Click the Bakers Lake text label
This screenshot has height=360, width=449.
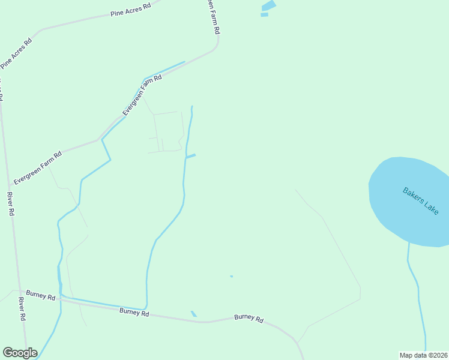click(x=421, y=201)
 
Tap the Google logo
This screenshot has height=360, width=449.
click(x=20, y=353)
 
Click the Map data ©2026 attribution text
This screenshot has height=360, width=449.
click(x=424, y=355)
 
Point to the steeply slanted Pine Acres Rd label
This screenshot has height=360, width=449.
click(x=16, y=53)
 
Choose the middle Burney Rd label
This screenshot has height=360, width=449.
click(x=134, y=311)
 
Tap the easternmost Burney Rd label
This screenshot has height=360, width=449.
click(x=249, y=319)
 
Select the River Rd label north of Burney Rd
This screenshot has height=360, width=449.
click(x=10, y=204)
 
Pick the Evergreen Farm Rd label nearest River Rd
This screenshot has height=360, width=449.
click(x=38, y=167)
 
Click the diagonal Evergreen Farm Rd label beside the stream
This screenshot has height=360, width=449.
click(x=142, y=95)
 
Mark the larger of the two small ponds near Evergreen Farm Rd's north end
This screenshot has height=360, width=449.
click(x=268, y=6)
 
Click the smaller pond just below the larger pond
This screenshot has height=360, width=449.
click(x=264, y=14)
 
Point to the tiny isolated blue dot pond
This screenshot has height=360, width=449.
click(x=231, y=277)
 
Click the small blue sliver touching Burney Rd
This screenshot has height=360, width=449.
click(x=193, y=314)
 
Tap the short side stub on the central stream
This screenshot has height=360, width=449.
click(x=191, y=157)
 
